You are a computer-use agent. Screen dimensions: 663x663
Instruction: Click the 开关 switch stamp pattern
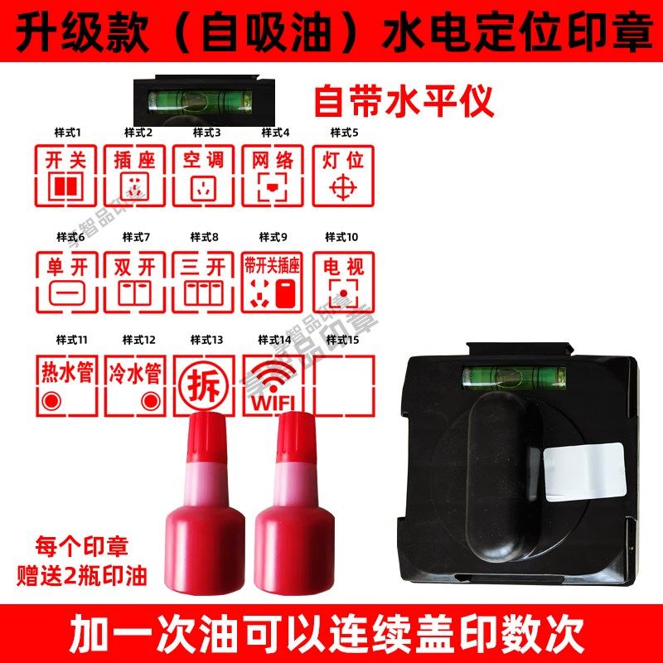pyautogui.click(x=67, y=176)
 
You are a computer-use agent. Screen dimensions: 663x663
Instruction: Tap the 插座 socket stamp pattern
pyautogui.click(x=135, y=176)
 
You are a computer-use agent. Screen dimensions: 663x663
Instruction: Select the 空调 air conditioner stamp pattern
pyautogui.click(x=204, y=176)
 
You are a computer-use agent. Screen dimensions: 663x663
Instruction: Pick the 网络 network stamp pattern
pyautogui.click(x=273, y=176)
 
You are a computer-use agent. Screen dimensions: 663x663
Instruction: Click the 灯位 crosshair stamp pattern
pyautogui.click(x=342, y=176)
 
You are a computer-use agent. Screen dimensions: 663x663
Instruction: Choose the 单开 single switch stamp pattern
pyautogui.click(x=67, y=282)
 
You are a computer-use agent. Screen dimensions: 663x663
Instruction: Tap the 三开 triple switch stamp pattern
pyautogui.click(x=204, y=282)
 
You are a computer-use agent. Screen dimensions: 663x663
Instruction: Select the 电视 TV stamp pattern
pyautogui.click(x=342, y=282)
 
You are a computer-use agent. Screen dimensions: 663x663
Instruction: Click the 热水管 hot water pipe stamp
pyautogui.click(x=67, y=385)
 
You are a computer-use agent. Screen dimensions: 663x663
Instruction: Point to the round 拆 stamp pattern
pyautogui.click(x=203, y=386)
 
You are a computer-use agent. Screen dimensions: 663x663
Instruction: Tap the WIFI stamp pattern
pyautogui.click(x=273, y=386)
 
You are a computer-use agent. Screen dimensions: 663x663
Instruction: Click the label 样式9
pyautogui.click(x=273, y=237)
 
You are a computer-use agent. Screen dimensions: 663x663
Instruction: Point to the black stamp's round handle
pyautogui.click(x=498, y=481)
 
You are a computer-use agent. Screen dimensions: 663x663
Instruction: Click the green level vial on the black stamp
pyautogui.click(x=514, y=377)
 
